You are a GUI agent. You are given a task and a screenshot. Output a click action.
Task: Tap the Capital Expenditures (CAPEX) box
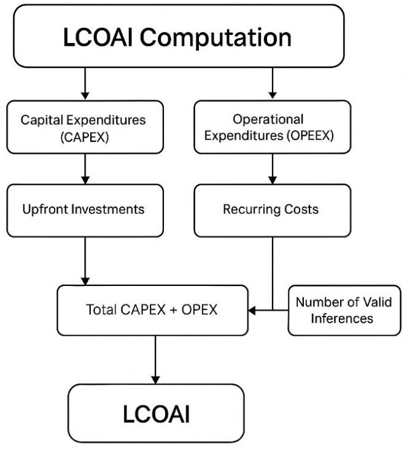[85, 127]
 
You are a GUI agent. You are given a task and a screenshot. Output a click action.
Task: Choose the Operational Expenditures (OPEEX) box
[273, 127]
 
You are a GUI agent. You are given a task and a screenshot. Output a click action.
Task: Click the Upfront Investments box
[85, 209]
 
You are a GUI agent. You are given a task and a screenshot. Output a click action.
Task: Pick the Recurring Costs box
[273, 209]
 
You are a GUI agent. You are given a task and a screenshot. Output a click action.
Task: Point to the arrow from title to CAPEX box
[85, 83]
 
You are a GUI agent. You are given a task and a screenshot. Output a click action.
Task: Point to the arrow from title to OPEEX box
[273, 83]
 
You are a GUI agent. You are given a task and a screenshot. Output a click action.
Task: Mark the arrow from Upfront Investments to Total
[85, 260]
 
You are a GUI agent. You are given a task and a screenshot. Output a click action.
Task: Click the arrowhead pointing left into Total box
[252, 310]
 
